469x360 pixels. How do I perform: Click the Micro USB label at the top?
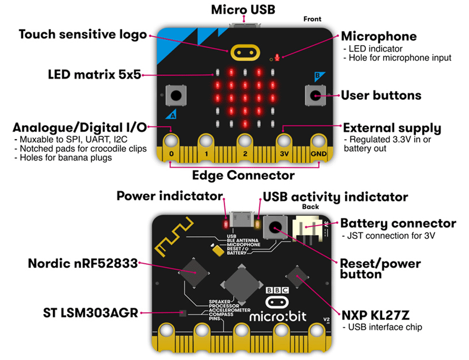244,9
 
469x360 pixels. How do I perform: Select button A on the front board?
176,95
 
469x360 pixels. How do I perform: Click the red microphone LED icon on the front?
278,57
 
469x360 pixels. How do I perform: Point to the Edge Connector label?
243,176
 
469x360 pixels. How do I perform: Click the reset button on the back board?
276,227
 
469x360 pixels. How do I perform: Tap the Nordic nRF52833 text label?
83,263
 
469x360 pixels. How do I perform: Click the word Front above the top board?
312,19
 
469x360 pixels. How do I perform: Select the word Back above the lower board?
310,207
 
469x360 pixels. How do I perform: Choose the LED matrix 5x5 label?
94,74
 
